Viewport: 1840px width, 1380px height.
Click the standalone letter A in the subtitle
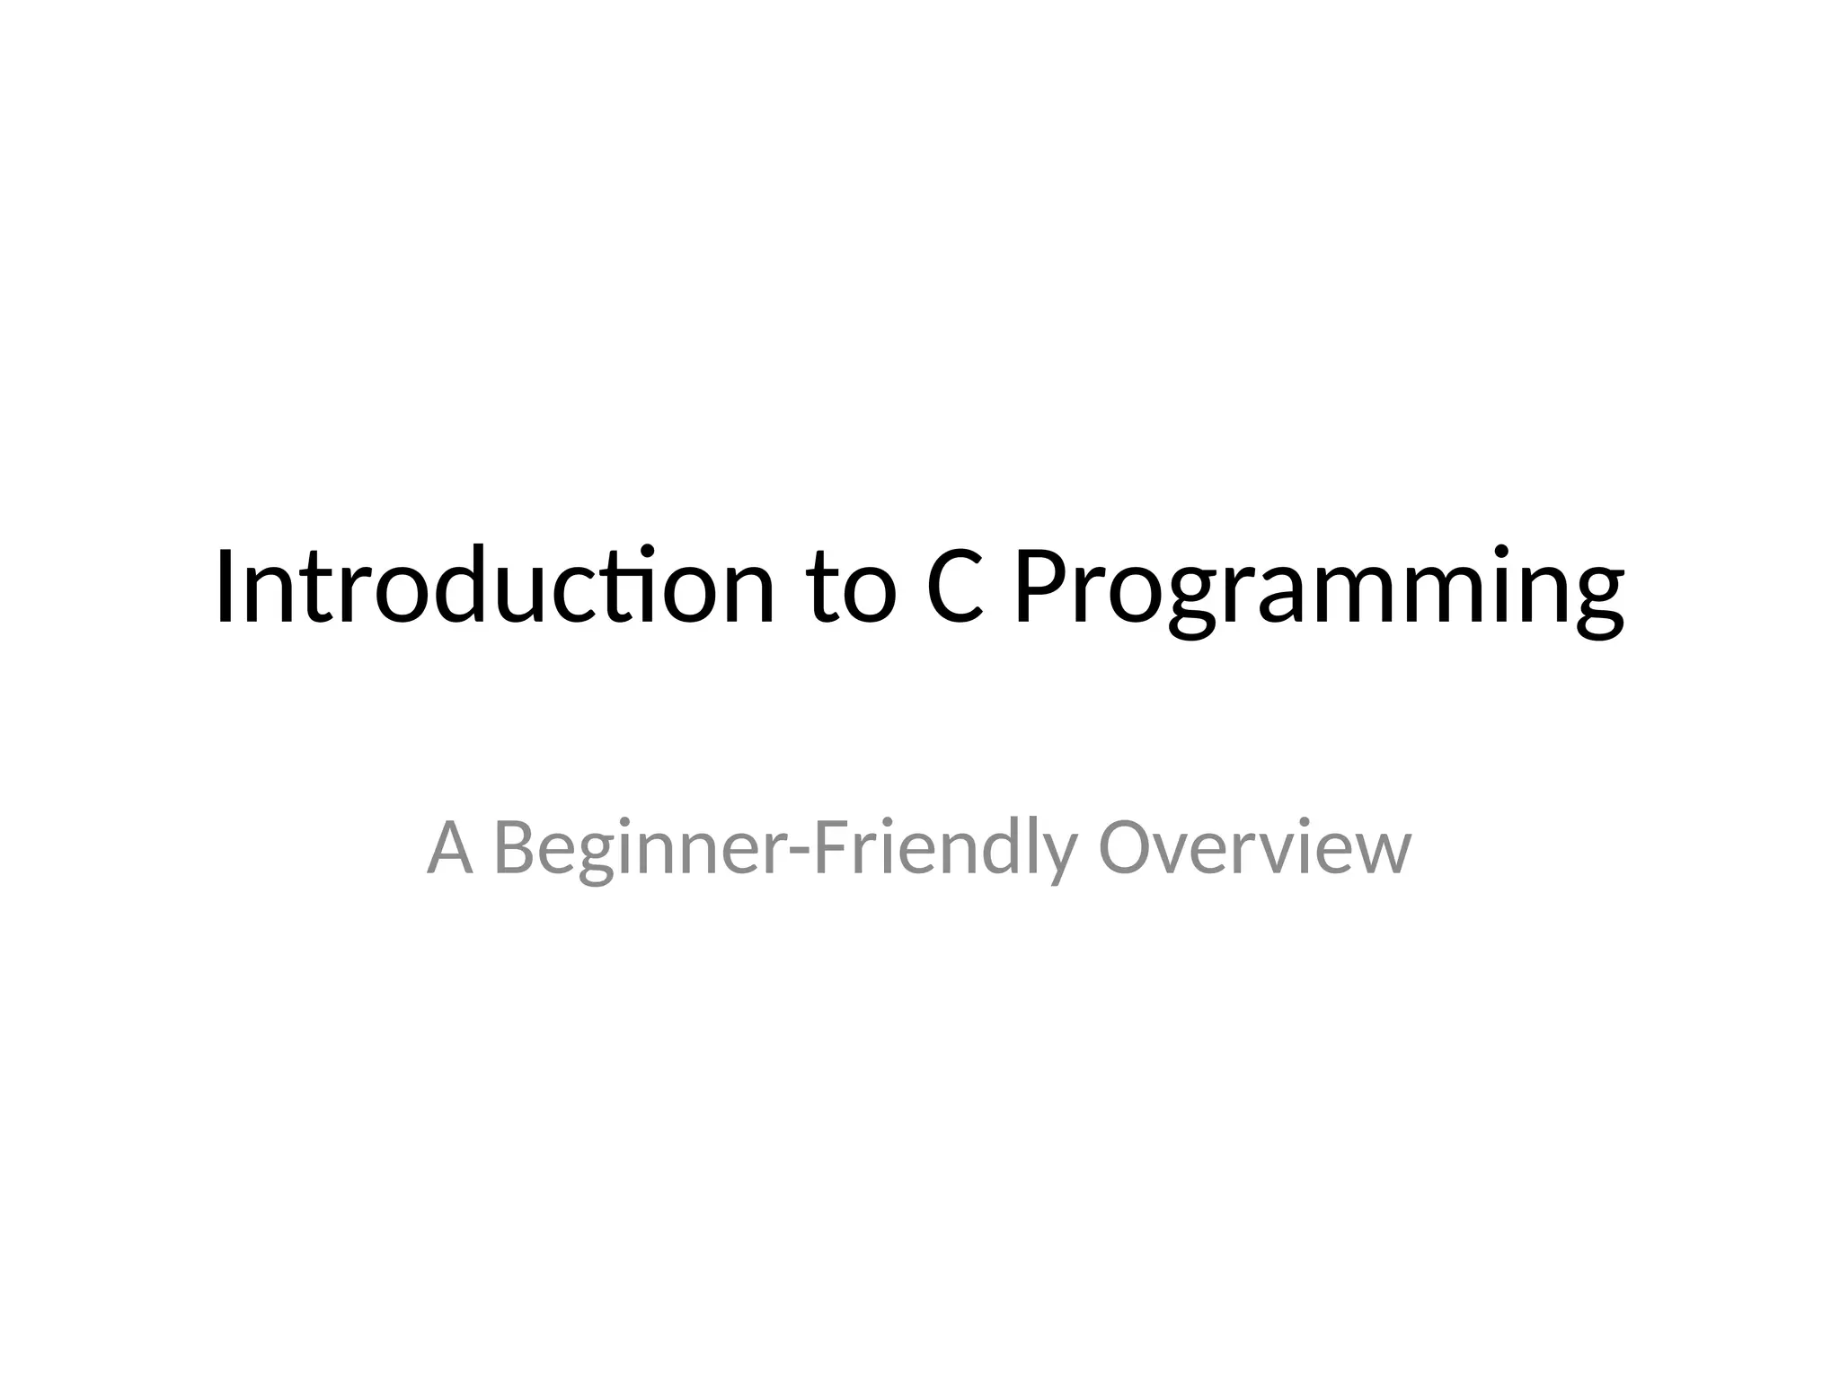point(449,848)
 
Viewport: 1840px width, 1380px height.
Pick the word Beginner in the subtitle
point(637,850)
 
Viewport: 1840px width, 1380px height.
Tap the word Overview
point(1254,848)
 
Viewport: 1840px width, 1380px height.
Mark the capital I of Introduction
point(226,586)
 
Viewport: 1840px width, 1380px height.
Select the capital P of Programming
point(1041,586)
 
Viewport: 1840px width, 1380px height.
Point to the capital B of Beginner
point(518,848)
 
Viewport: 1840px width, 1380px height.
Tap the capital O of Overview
point(1127,848)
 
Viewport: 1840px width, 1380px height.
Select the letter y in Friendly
point(1060,857)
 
